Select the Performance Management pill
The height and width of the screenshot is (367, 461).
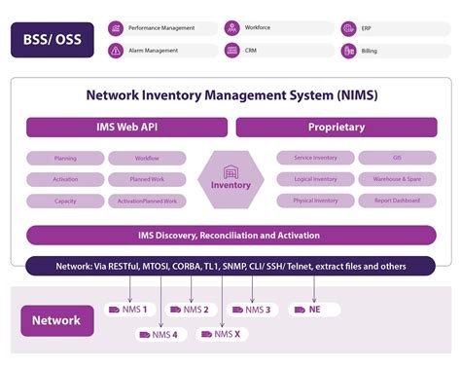[x=161, y=28]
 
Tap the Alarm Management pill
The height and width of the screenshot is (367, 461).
[x=161, y=50]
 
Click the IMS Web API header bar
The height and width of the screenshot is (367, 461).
[x=126, y=128]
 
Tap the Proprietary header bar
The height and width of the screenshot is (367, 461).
[x=336, y=128]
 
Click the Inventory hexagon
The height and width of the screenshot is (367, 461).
[x=230, y=179]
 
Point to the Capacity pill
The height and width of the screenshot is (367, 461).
[x=65, y=202]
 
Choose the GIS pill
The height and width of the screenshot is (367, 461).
[x=396, y=158]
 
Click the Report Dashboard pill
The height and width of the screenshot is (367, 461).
[x=396, y=202]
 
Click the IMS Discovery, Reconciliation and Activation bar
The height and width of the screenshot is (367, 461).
[x=230, y=235]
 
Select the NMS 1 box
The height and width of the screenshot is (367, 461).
[x=129, y=310]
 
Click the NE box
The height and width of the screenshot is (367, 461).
[x=313, y=310]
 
